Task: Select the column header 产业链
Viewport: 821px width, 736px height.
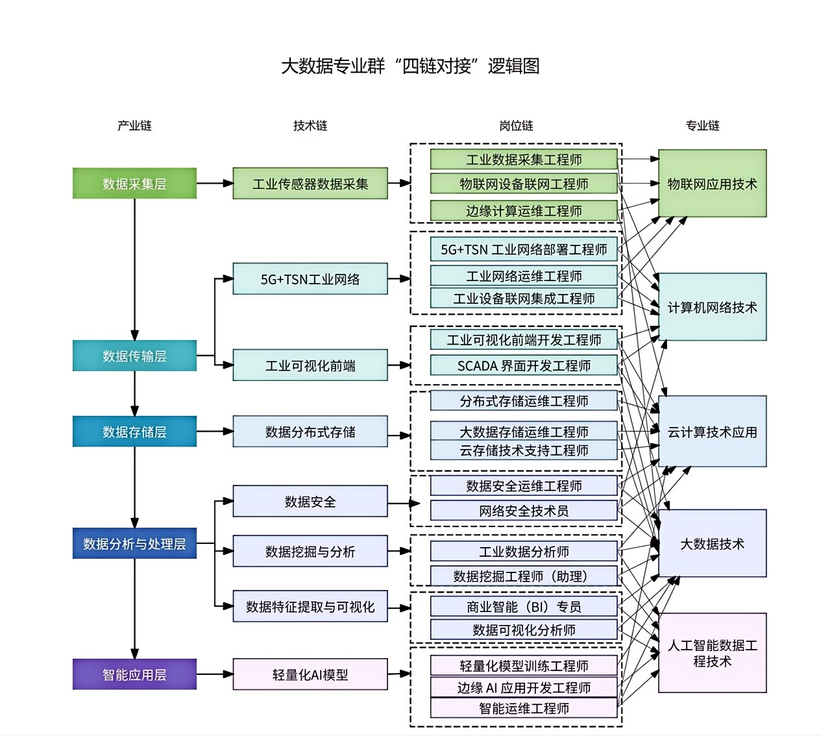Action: tap(134, 125)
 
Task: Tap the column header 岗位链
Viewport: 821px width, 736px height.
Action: tap(516, 125)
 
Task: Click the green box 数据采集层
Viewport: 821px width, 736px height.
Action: tap(134, 184)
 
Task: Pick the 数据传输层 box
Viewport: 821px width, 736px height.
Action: tap(134, 356)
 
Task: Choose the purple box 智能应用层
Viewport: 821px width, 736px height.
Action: tap(134, 674)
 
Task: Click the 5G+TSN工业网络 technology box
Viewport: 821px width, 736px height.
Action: tap(310, 279)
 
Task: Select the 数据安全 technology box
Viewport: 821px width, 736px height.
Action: tap(310, 501)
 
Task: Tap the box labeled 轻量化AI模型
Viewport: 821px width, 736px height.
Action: tap(310, 674)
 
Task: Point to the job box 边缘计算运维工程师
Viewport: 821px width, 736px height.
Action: tap(524, 210)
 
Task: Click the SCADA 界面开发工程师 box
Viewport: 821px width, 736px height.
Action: tap(524, 365)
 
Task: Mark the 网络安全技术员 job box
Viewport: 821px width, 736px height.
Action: tap(524, 511)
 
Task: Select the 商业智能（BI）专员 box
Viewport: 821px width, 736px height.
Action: tap(524, 606)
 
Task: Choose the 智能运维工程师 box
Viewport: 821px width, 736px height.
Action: tap(524, 708)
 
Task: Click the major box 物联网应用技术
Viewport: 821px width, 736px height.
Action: tap(712, 184)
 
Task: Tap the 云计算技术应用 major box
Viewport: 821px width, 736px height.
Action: tap(712, 432)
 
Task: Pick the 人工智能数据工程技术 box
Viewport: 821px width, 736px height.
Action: tap(712, 653)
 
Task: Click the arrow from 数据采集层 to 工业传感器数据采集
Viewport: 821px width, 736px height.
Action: tap(214, 184)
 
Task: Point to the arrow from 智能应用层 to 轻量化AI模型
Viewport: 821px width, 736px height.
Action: tap(214, 674)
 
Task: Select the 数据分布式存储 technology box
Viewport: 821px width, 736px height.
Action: tap(310, 432)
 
